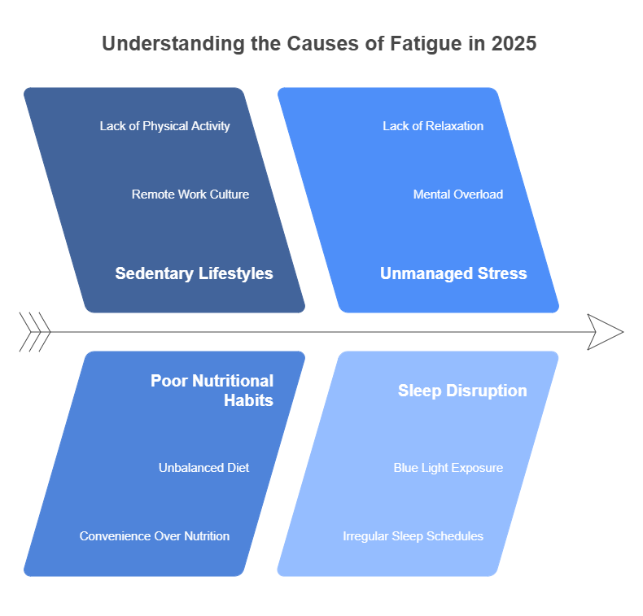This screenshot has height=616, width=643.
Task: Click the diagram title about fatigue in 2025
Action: pyautogui.click(x=319, y=44)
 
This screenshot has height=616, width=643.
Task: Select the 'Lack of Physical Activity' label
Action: pyautogui.click(x=165, y=126)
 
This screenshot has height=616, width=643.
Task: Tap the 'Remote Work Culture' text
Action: pyautogui.click(x=190, y=194)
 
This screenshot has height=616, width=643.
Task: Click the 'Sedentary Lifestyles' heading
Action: pyautogui.click(x=194, y=273)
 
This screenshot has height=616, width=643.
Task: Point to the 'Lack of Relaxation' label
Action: pyautogui.click(x=433, y=126)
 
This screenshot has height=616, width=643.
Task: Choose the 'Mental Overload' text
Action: pyautogui.click(x=458, y=194)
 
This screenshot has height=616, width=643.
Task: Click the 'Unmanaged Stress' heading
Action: pyautogui.click(x=453, y=273)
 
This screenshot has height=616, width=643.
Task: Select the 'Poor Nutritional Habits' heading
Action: pyautogui.click(x=212, y=391)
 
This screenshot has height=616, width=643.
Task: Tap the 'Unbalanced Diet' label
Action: pyautogui.click(x=203, y=468)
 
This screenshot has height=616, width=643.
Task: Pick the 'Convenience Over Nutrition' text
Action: pyautogui.click(x=155, y=536)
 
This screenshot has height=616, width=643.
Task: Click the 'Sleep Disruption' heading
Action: pyautogui.click(x=462, y=391)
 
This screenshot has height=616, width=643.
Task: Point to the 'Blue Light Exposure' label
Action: pyautogui.click(x=448, y=468)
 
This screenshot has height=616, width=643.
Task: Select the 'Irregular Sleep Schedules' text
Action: pyautogui.click(x=413, y=536)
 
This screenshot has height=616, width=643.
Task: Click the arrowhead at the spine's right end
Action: pyautogui.click(x=606, y=332)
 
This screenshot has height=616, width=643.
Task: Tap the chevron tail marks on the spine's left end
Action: pyautogui.click(x=35, y=332)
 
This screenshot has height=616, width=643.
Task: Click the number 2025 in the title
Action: pyautogui.click(x=514, y=44)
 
